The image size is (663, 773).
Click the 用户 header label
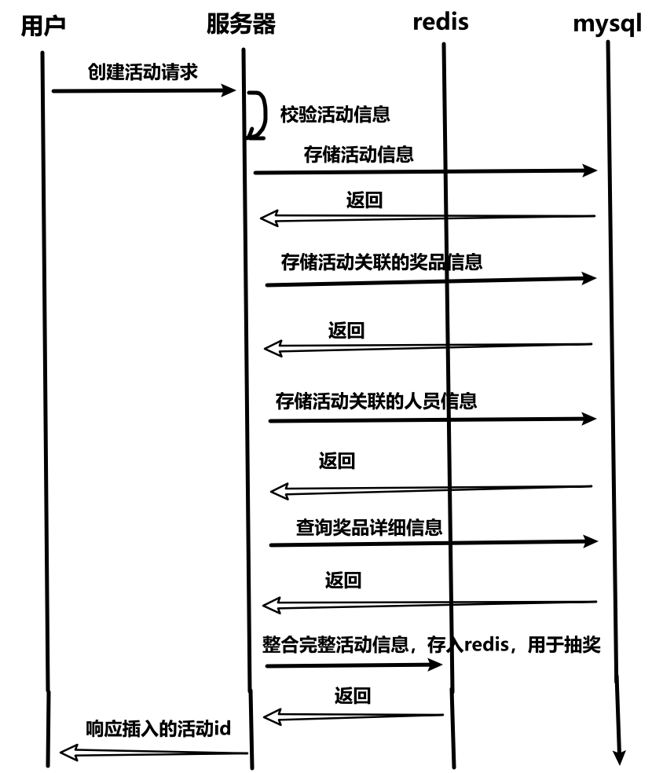pyautogui.click(x=42, y=26)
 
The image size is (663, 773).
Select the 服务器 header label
pyautogui.click(x=241, y=24)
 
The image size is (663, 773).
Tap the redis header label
pyautogui.click(x=440, y=22)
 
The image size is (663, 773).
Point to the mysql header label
pyautogui.click(x=607, y=24)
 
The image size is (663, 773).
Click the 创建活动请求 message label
pyautogui.click(x=142, y=72)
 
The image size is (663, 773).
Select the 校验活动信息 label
pyautogui.click(x=335, y=115)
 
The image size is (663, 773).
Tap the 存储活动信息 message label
pyautogui.click(x=358, y=154)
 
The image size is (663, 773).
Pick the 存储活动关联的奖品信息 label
pyautogui.click(x=381, y=262)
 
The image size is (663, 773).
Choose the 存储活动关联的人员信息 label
pyautogui.click(x=376, y=401)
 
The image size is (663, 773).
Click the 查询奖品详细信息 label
pyautogui.click(x=368, y=526)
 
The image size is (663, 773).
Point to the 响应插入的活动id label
pyautogui.click(x=158, y=728)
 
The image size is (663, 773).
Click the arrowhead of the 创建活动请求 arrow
pyautogui.click(x=229, y=90)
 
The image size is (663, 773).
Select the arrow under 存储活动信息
pyautogui.click(x=424, y=170)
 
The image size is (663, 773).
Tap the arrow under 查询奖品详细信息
pyautogui.click(x=432, y=542)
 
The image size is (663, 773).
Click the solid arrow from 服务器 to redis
pyautogui.click(x=353, y=665)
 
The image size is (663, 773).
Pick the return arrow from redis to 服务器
pyautogui.click(x=353, y=716)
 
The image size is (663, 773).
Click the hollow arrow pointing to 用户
pyautogui.click(x=153, y=753)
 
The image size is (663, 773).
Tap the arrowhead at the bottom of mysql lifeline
pyautogui.click(x=619, y=757)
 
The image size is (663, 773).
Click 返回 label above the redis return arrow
pyautogui.click(x=352, y=695)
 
